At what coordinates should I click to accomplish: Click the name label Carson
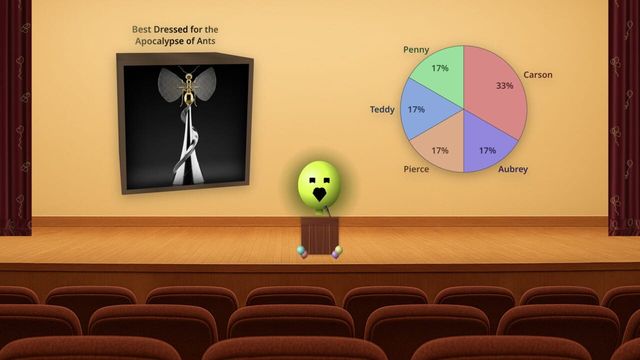click(538, 74)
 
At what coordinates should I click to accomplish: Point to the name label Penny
click(416, 49)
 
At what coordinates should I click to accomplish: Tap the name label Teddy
click(382, 109)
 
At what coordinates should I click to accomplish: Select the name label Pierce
click(417, 170)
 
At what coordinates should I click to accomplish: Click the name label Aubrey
click(513, 170)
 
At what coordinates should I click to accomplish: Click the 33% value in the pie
click(504, 86)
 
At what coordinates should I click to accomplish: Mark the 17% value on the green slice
click(439, 69)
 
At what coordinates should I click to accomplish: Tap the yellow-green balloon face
click(319, 182)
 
